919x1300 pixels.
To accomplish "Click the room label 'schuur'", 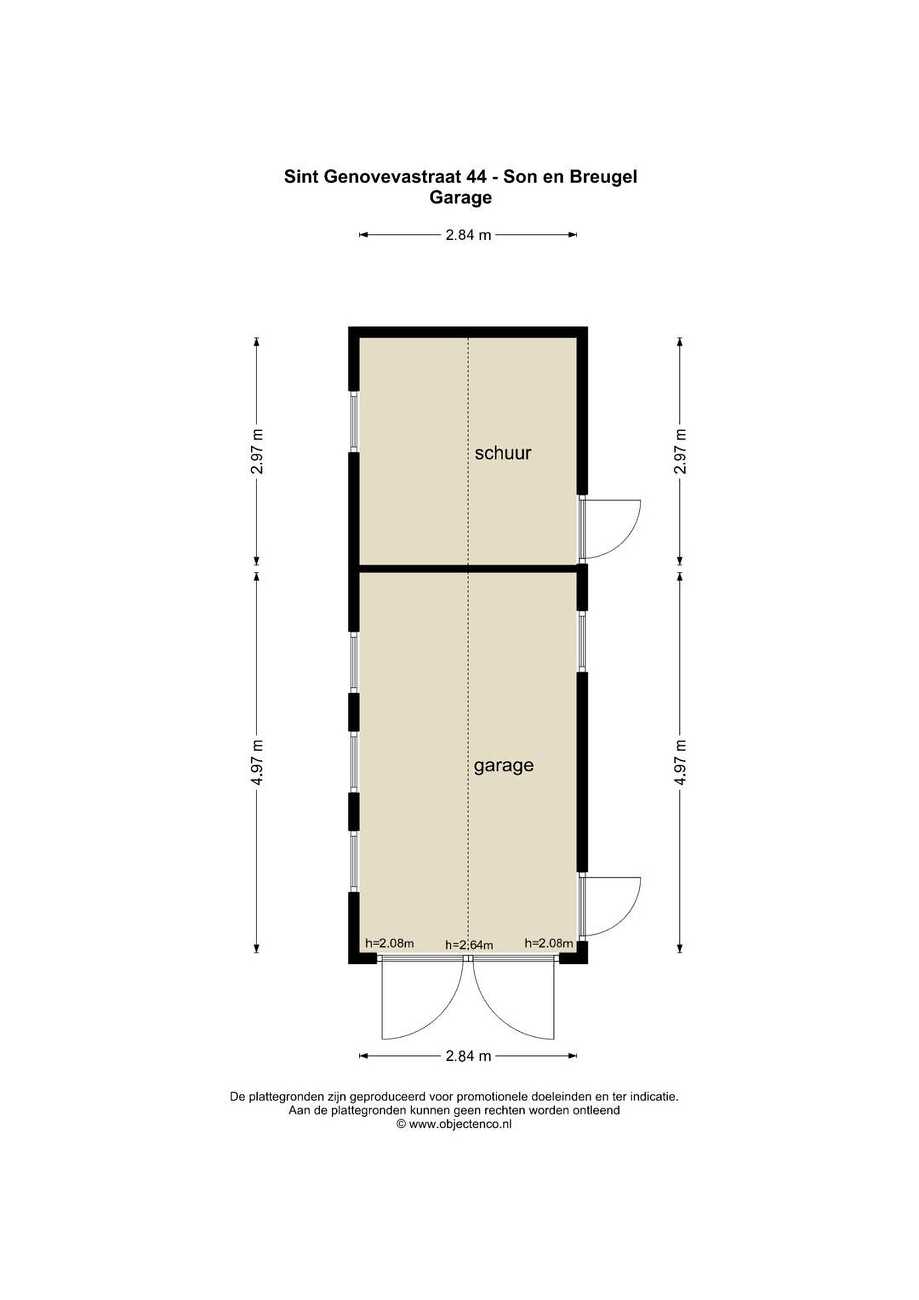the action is (x=503, y=454).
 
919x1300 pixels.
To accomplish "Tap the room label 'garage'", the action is (x=503, y=766).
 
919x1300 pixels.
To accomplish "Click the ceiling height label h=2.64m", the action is (x=469, y=945).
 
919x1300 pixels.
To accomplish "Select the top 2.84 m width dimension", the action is (x=468, y=235).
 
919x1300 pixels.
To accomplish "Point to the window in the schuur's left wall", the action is (x=354, y=421).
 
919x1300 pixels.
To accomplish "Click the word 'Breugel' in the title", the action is (x=603, y=178).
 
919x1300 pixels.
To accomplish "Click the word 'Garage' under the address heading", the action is (x=460, y=198).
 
